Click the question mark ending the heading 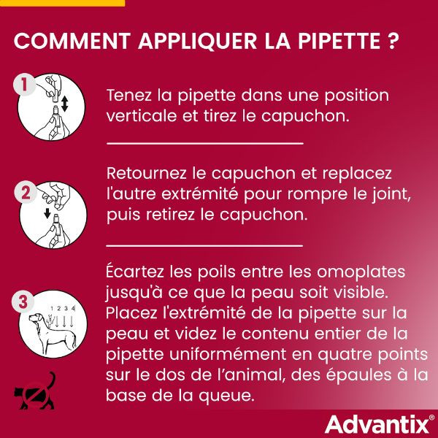click(x=393, y=40)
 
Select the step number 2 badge click(x=24, y=193)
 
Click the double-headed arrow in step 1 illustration click(x=64, y=104)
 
